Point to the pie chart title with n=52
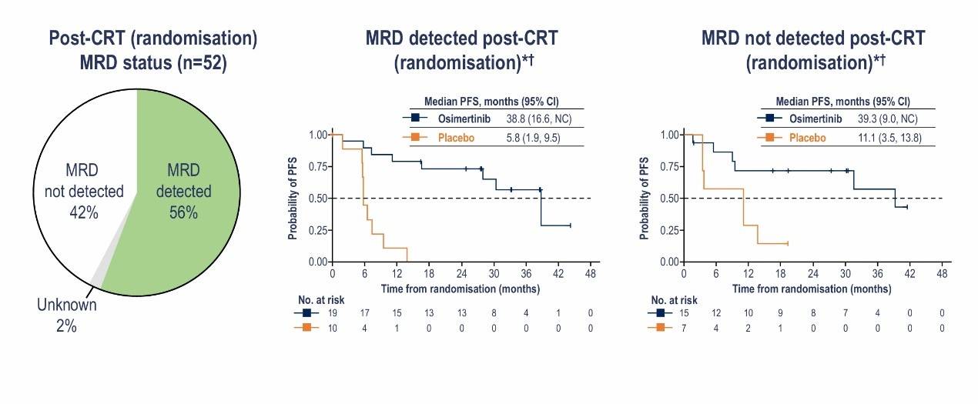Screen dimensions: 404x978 pos(153,49)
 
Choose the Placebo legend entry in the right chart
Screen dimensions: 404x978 pos(806,138)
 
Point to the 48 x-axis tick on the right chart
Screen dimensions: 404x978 pos(942,275)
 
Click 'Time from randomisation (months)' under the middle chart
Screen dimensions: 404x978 pos(461,289)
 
